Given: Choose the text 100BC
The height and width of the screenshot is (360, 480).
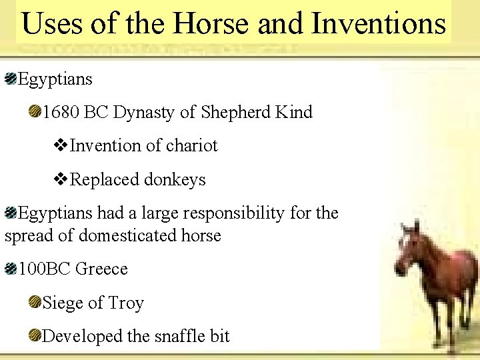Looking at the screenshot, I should coord(44,269).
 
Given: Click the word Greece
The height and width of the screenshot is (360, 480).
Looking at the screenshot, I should coord(101,269).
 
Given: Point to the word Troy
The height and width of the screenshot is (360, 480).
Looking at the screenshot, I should coord(126,303).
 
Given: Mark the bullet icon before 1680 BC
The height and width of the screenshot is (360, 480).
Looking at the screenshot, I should coord(34,112).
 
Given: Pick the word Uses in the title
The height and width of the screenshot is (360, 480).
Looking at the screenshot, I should coord(51,24).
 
